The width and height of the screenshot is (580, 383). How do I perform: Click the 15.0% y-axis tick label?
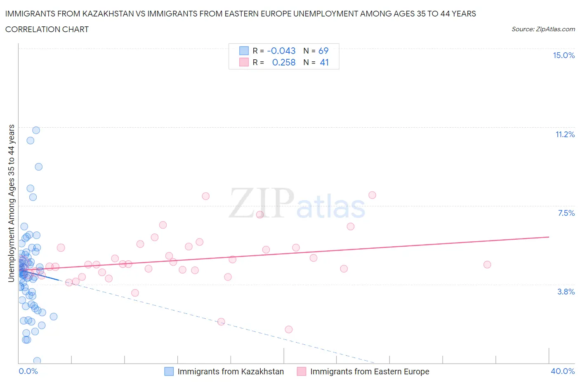tap(563, 56)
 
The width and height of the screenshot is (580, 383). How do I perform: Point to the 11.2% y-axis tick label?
tap(565, 134)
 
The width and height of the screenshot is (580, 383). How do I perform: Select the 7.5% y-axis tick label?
tap(566, 213)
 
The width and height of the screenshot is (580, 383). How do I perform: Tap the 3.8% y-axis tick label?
tap(566, 292)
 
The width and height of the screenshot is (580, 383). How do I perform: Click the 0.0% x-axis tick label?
tap(28, 371)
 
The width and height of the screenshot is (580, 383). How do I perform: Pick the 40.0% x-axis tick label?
tap(563, 371)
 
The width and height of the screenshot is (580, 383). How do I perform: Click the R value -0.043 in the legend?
tap(281, 51)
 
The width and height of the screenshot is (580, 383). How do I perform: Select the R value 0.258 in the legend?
tap(284, 62)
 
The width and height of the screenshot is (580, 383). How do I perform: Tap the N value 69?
tap(323, 51)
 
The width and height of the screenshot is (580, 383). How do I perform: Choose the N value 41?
tap(324, 62)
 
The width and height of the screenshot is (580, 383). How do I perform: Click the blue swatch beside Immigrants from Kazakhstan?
tap(169, 371)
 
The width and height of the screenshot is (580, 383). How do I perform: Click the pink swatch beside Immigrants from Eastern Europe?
tap(302, 371)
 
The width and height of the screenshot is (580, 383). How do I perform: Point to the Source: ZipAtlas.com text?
tap(543, 29)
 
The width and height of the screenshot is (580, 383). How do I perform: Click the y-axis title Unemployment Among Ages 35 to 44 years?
tap(11, 203)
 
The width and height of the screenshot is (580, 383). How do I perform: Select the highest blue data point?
tap(36, 130)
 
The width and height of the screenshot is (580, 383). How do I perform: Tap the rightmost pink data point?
tap(487, 264)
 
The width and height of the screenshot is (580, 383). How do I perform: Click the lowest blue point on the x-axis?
tap(37, 361)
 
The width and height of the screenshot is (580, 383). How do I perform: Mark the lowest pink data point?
tap(289, 329)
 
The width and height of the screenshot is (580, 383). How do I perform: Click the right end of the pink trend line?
tap(549, 237)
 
